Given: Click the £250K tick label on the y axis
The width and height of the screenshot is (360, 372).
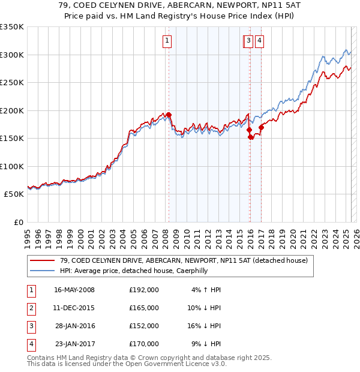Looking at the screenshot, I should coord(12,82).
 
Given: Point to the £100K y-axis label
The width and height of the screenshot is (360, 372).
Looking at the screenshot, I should coord(12,166).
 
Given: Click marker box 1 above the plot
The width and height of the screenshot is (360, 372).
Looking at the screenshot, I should coord(166,41).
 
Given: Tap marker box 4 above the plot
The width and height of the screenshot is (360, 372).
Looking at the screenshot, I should coord(259,41).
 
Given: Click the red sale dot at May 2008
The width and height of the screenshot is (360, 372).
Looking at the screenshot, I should coord(169,115).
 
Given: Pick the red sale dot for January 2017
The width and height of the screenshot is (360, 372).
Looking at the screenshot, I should coord(261,127).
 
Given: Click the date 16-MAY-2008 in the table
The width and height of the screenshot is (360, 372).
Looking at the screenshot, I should coord(74,290).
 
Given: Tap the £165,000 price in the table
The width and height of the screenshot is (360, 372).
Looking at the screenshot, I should coord(144,308).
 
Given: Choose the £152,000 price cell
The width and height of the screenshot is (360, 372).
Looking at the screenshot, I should coord(144,326).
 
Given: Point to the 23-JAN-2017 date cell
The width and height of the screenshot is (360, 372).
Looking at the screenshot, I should coord(74,344).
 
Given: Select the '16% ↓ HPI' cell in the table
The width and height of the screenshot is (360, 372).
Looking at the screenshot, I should coord(205,326).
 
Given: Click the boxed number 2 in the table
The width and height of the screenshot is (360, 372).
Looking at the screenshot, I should coord(31,308).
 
